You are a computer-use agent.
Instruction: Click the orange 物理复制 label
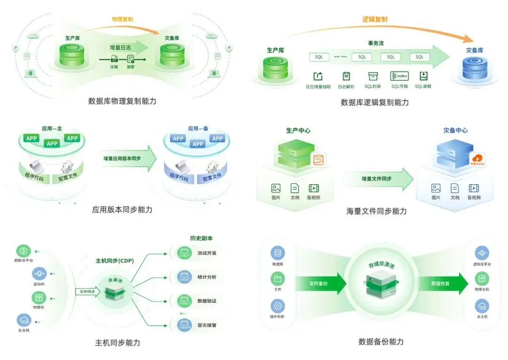(122, 19)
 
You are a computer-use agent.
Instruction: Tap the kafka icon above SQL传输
(399, 76)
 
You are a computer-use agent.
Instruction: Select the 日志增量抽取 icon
(318, 76)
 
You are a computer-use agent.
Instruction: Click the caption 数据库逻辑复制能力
(374, 102)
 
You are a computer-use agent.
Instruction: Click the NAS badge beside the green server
(320, 160)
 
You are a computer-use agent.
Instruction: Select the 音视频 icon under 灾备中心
(474, 188)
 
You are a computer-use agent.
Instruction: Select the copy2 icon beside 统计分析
(184, 277)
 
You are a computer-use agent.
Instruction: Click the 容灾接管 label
(207, 325)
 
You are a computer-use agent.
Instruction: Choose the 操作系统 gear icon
(278, 306)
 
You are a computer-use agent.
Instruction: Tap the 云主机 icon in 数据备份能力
(482, 306)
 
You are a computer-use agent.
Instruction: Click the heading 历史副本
(201, 238)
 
